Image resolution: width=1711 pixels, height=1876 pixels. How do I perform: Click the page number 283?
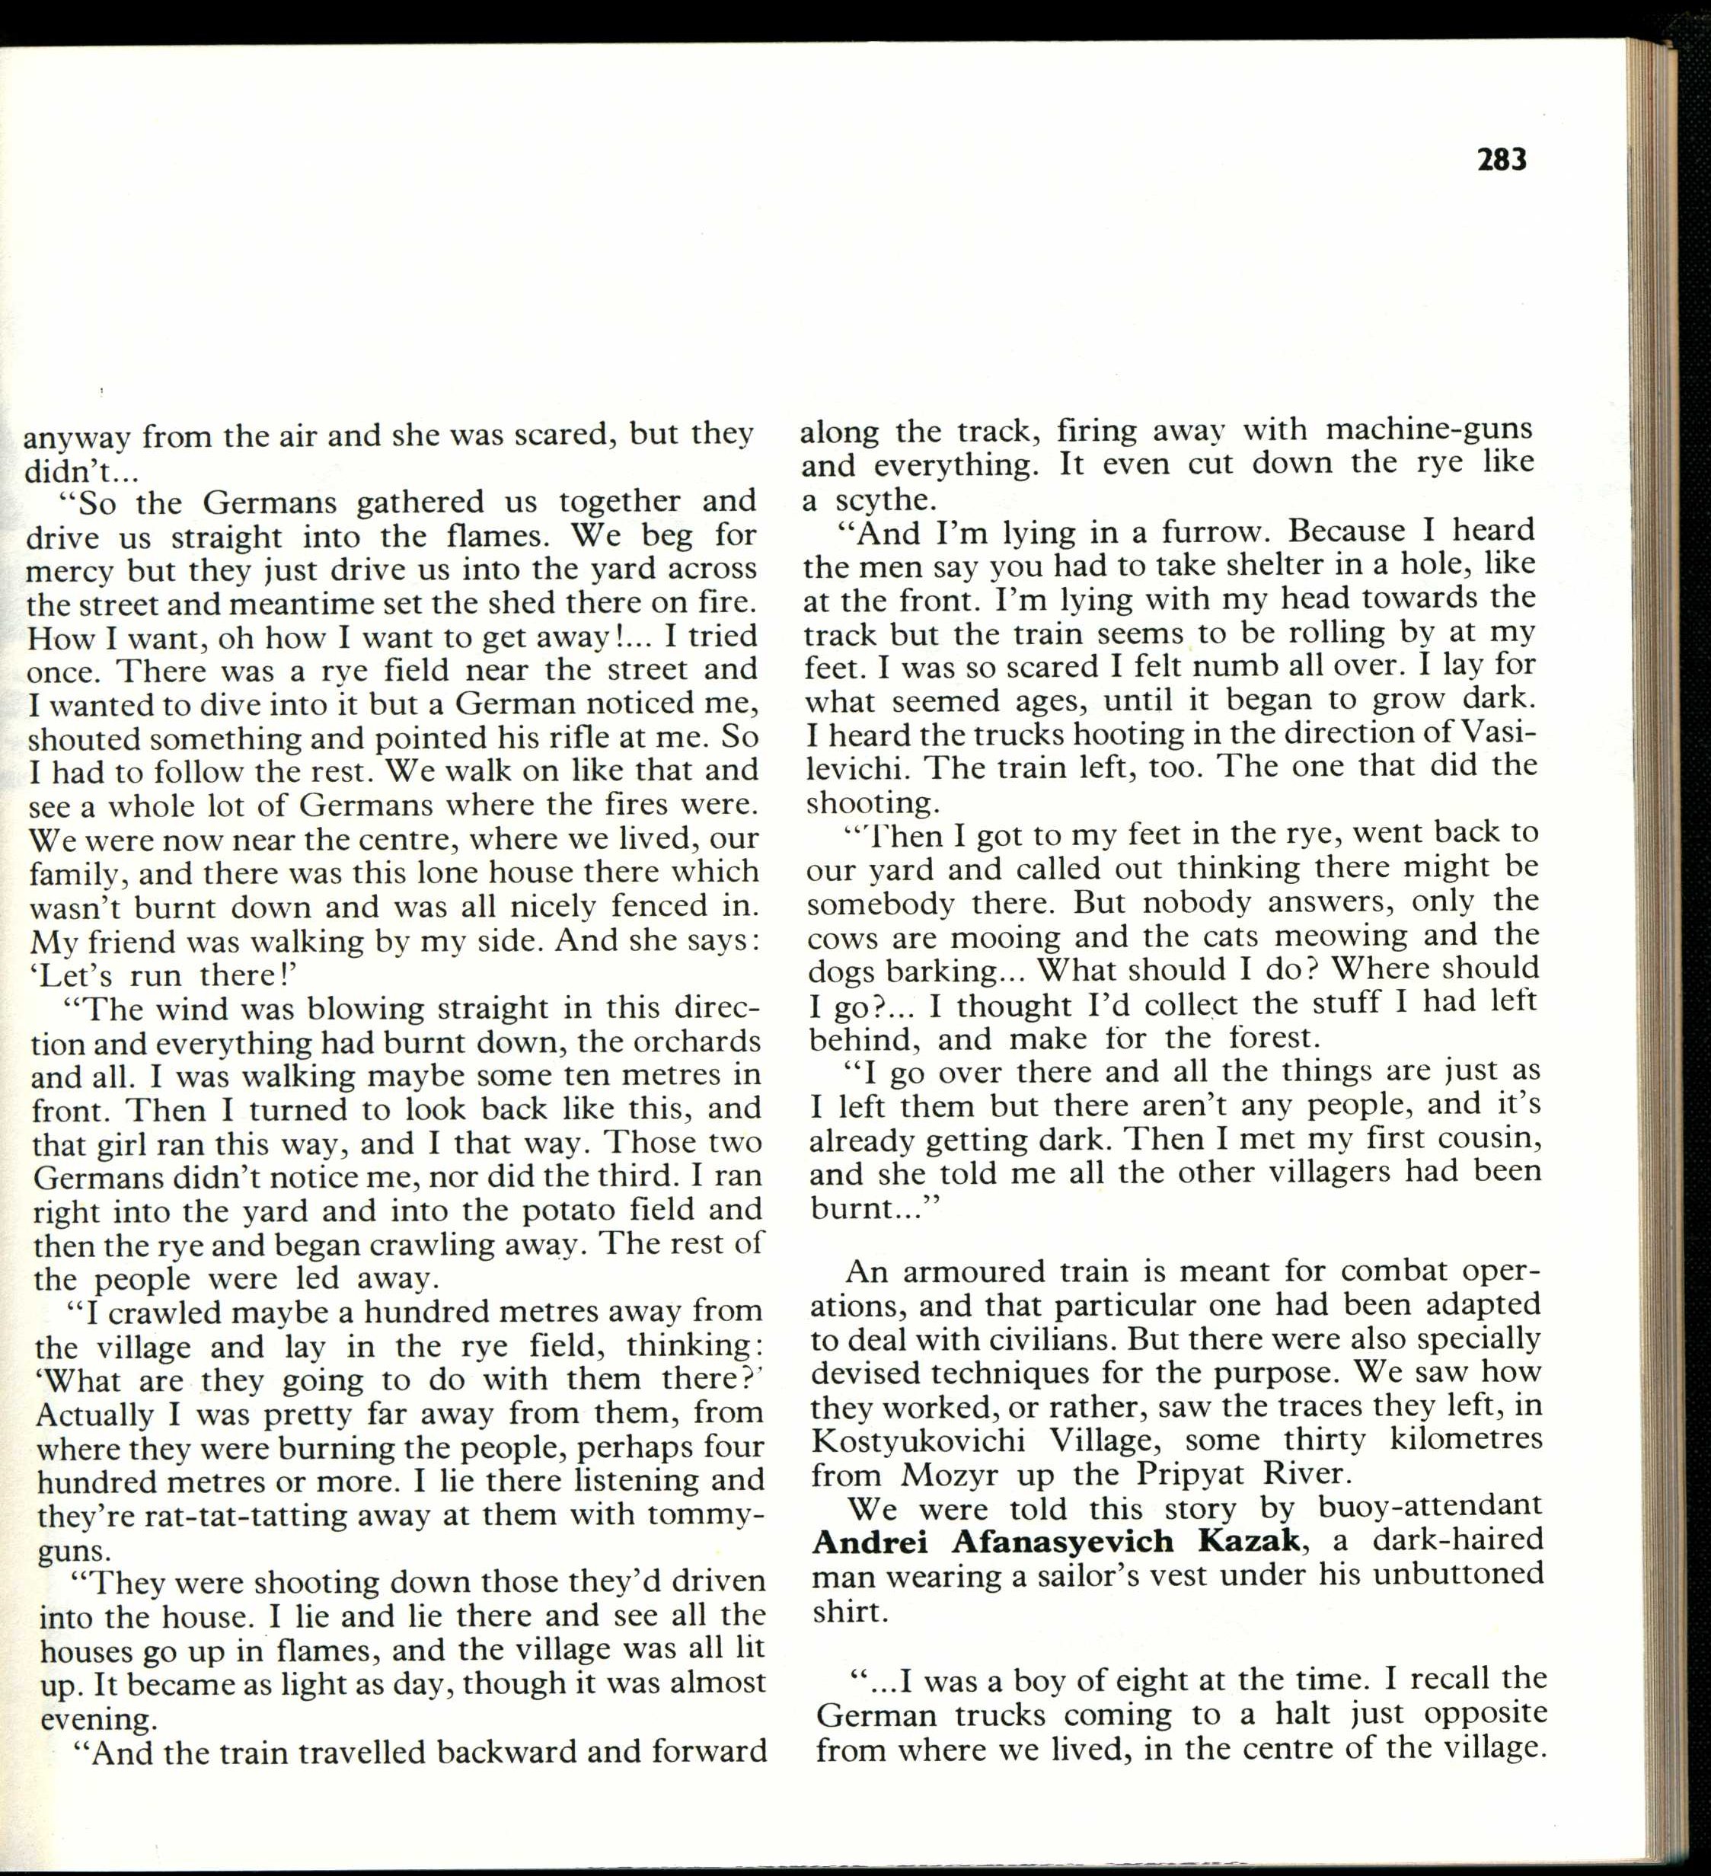pyautogui.click(x=1502, y=160)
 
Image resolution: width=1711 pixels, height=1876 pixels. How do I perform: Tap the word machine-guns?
pyautogui.click(x=1429, y=430)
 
